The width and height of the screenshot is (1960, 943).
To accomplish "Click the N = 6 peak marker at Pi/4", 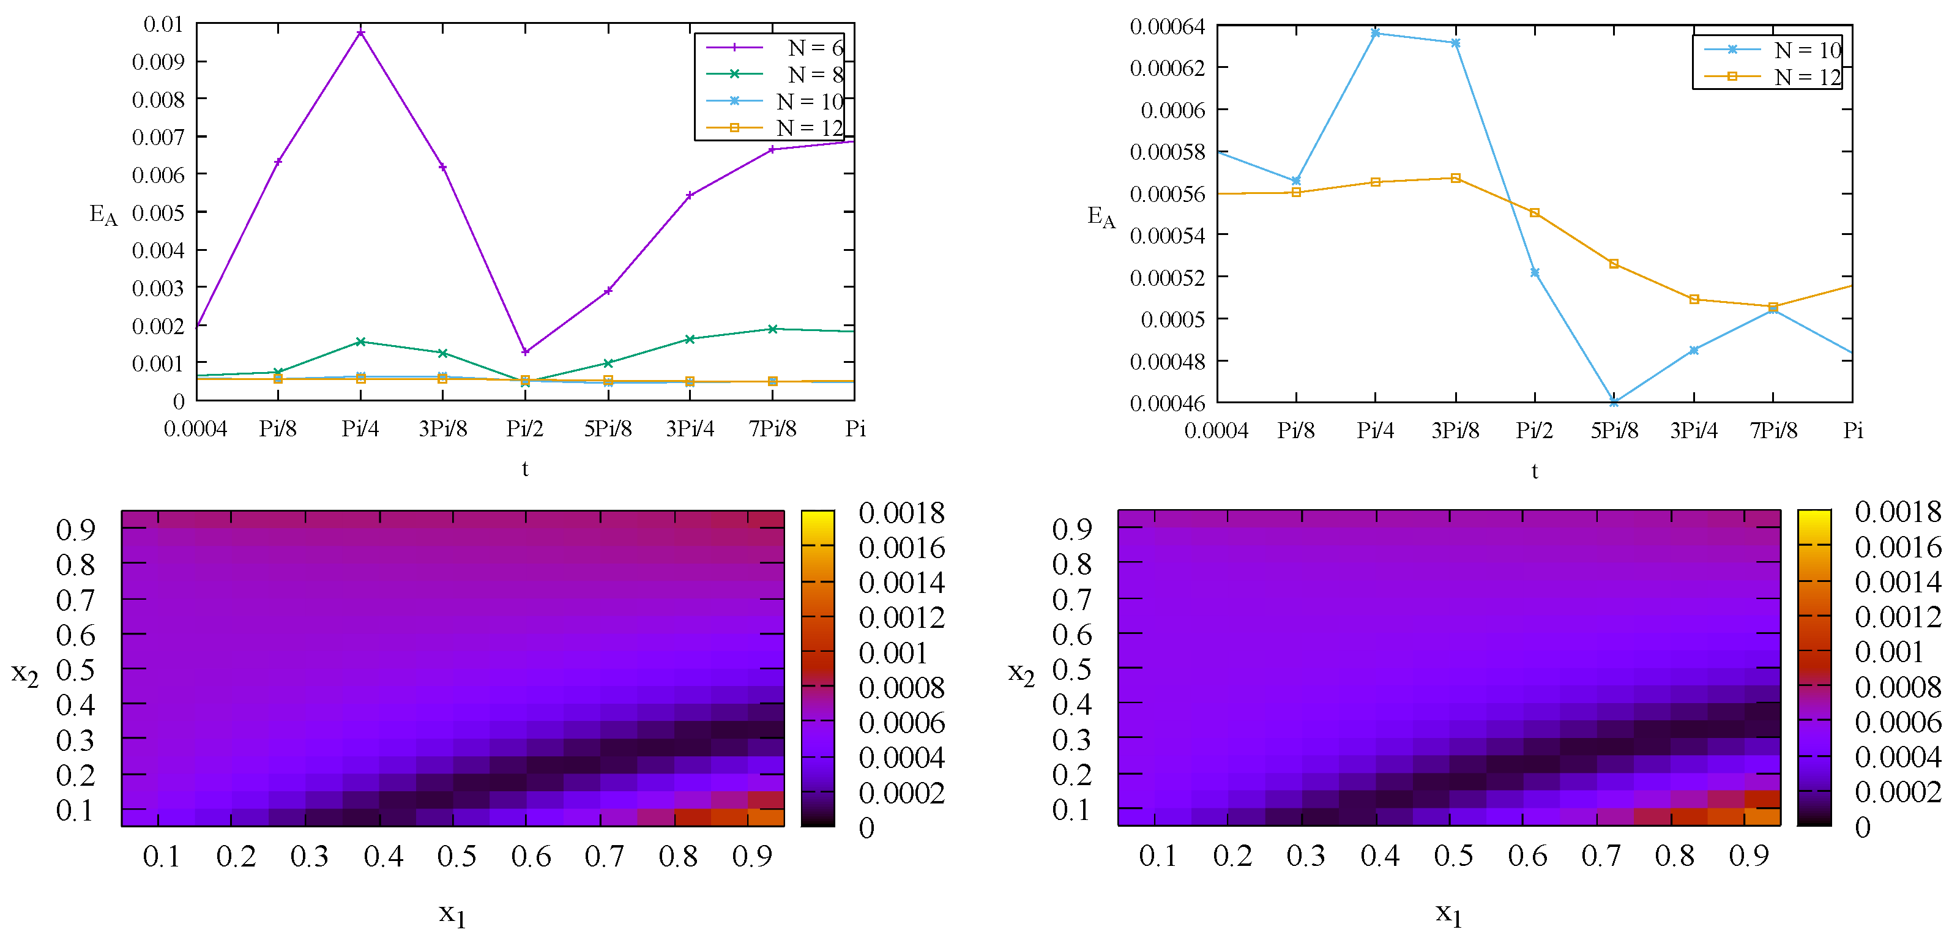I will (x=360, y=32).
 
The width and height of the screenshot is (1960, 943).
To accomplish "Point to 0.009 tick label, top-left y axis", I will (x=158, y=62).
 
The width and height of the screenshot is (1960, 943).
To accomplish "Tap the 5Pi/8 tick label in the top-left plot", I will (x=608, y=429).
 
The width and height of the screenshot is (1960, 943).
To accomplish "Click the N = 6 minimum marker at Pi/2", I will (x=525, y=352).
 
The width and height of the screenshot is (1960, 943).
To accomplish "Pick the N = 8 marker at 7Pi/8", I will (x=772, y=329).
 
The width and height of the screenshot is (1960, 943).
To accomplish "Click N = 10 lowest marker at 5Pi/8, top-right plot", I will (x=1614, y=402).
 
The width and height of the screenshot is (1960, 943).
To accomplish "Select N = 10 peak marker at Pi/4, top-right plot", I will (x=1376, y=32).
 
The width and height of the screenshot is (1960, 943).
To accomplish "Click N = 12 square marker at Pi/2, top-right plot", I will (x=1535, y=213).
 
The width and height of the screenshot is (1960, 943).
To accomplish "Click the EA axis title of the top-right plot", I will (x=1101, y=217).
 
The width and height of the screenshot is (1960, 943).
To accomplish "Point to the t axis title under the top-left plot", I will (x=525, y=469).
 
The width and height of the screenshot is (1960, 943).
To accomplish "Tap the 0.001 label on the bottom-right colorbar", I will (x=1888, y=652).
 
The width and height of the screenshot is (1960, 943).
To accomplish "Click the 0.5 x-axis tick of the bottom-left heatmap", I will (x=456, y=857).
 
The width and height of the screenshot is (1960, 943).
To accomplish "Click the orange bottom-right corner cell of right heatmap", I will (x=1762, y=818).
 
